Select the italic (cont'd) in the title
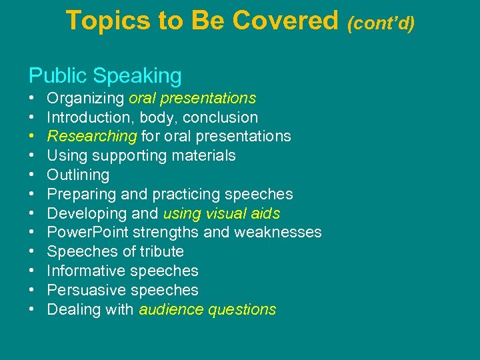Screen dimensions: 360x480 click(380, 23)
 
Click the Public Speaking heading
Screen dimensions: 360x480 click(105, 75)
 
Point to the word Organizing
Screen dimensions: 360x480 click(85, 99)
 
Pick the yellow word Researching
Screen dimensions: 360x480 click(92, 137)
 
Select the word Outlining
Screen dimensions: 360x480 click(78, 175)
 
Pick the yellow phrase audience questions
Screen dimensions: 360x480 click(207, 309)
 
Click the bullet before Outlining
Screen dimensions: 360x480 click(32, 175)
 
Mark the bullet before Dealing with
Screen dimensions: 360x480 click(32, 310)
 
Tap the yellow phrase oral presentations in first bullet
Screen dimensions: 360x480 click(192, 99)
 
